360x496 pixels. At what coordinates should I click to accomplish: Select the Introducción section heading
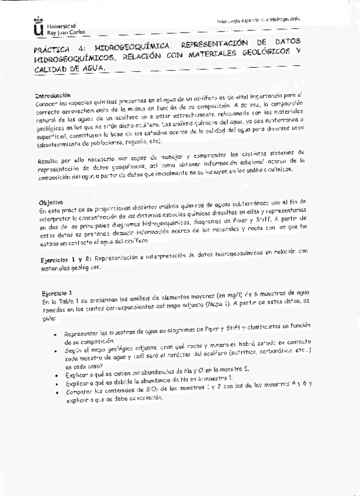[53, 95]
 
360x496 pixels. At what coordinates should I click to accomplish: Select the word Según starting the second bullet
[72, 348]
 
